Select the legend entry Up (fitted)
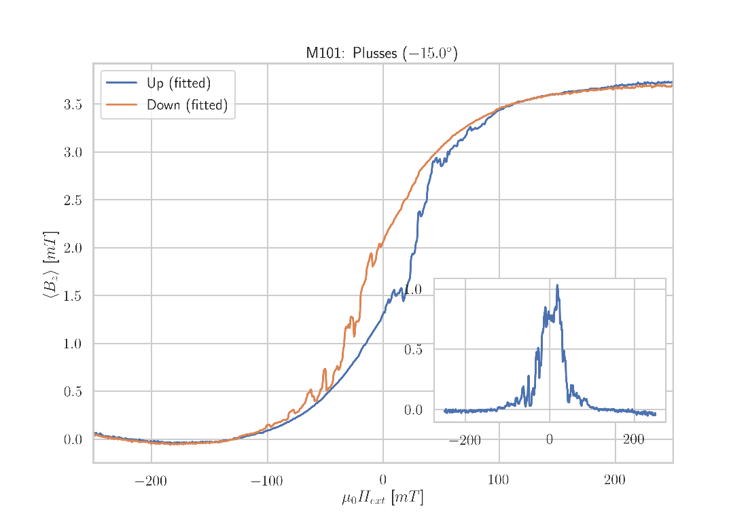click(178, 84)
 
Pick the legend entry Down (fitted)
click(187, 106)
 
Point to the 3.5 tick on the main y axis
click(73, 105)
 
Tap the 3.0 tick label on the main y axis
click(73, 152)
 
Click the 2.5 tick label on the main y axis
click(73, 200)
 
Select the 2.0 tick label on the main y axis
click(73, 248)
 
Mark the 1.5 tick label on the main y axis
click(73, 296)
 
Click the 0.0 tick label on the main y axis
click(73, 440)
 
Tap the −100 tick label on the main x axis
click(266, 482)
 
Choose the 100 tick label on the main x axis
click(498, 482)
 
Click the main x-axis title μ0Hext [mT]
click(382, 498)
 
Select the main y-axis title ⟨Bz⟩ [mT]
click(51, 266)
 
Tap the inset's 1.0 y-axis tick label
click(413, 289)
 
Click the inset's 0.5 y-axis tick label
click(413, 350)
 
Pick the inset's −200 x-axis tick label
click(465, 441)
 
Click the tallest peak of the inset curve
click(557, 285)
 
